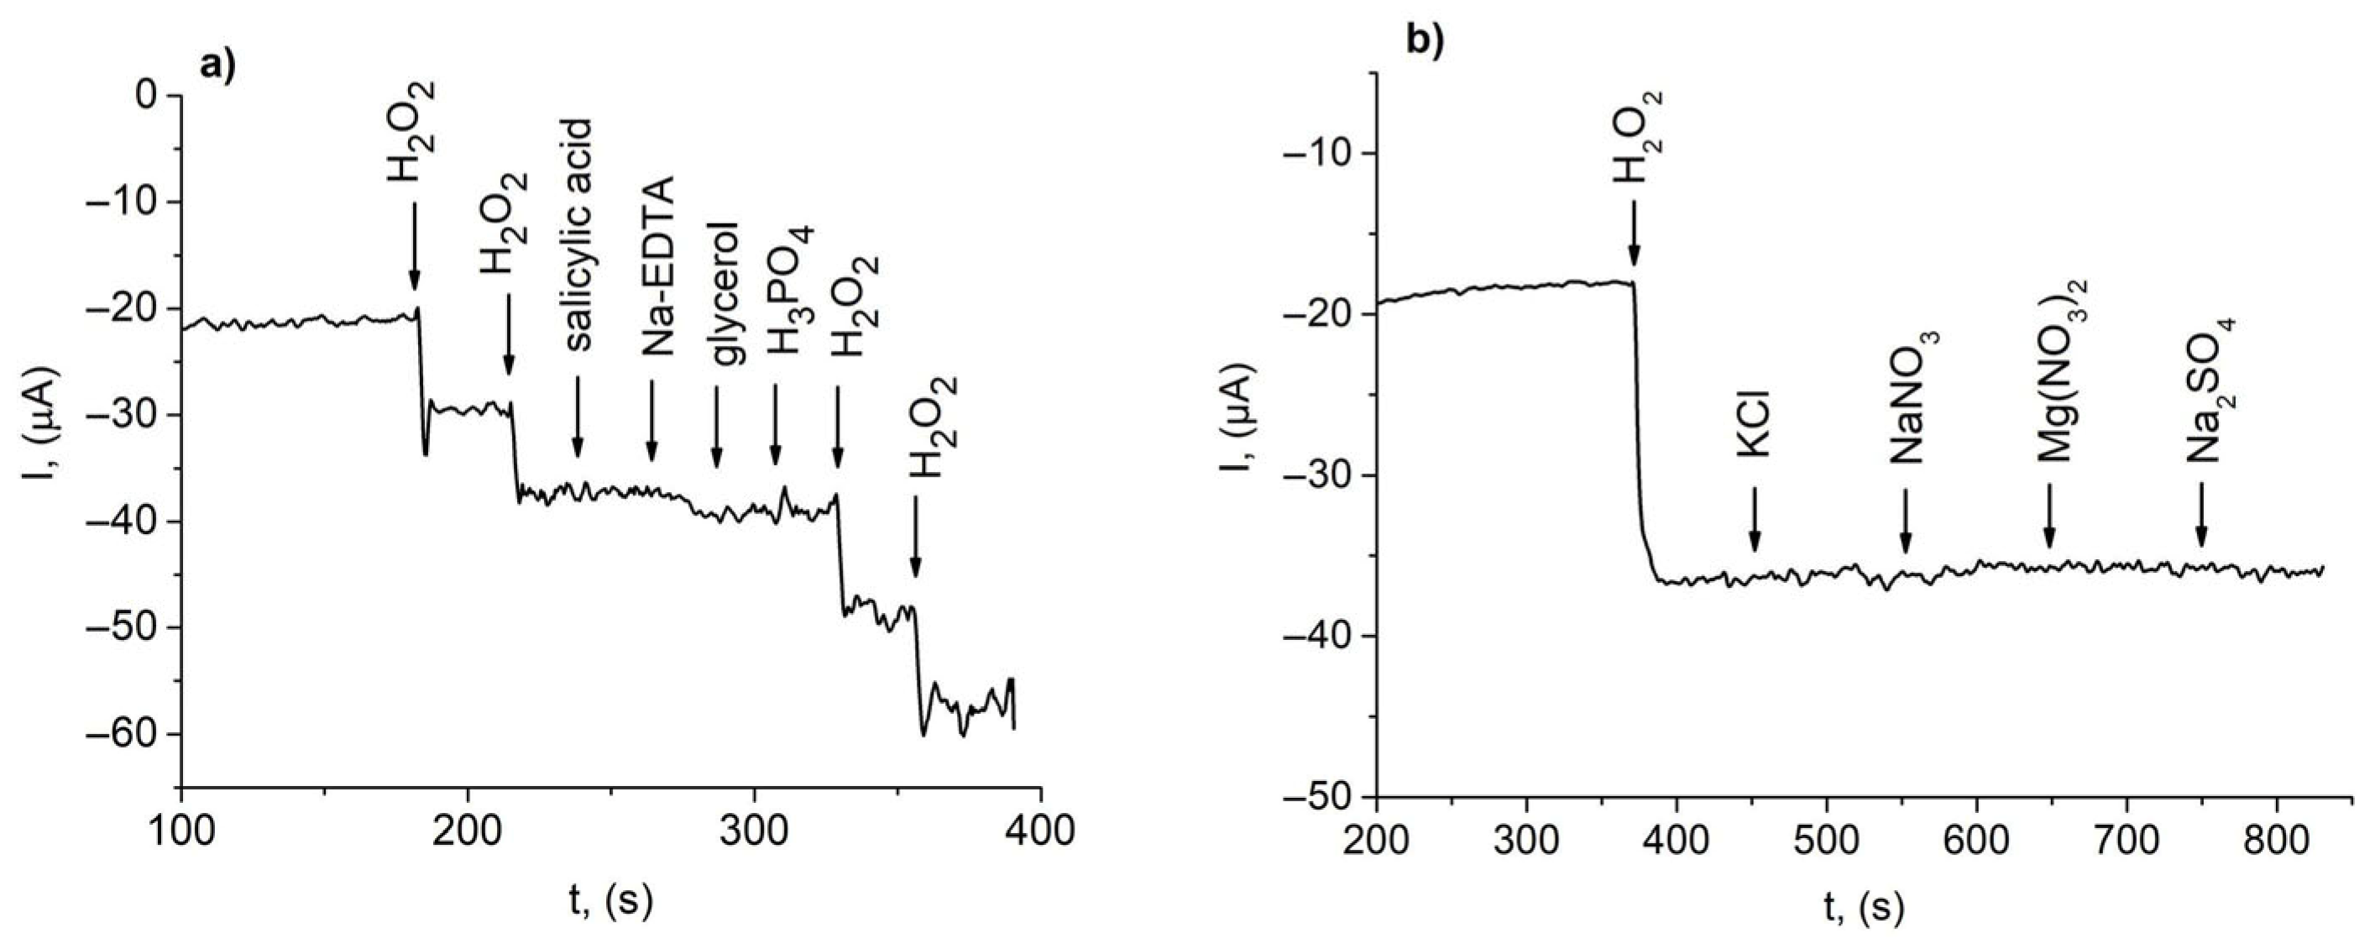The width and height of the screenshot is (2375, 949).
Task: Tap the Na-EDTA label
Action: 657,266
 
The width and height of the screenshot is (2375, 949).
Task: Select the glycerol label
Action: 725,293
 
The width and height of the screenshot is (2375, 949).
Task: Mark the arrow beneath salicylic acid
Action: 578,416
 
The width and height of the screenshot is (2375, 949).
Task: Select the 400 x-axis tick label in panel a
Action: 1041,831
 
